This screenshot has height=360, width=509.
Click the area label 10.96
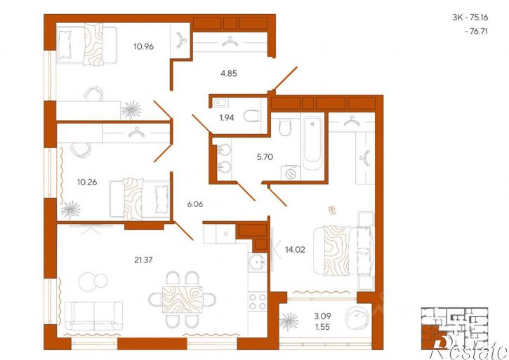[143, 47]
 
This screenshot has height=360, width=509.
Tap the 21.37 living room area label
[143, 260]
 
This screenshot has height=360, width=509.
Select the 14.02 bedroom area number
[295, 250]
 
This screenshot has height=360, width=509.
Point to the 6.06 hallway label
[195, 204]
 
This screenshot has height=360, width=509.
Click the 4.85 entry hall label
[229, 74]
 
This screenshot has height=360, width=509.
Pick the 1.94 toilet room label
[227, 118]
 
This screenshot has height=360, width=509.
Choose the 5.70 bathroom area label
[265, 157]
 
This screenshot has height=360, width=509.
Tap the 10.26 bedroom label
[87, 182]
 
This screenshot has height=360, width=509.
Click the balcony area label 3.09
[322, 316]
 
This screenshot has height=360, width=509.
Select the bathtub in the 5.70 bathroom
[312, 143]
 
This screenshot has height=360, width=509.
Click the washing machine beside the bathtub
[291, 173]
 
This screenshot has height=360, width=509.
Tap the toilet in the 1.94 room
[252, 116]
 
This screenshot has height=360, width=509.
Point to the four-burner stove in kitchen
[258, 302]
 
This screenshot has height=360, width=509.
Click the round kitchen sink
[258, 262]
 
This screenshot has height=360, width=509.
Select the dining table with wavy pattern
[182, 299]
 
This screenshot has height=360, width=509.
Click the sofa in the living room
[94, 316]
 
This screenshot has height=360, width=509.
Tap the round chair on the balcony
[357, 318]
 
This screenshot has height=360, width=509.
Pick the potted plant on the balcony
[289, 321]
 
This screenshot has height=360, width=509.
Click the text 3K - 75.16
[470, 18]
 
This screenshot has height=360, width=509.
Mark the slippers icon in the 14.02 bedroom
[332, 211]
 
